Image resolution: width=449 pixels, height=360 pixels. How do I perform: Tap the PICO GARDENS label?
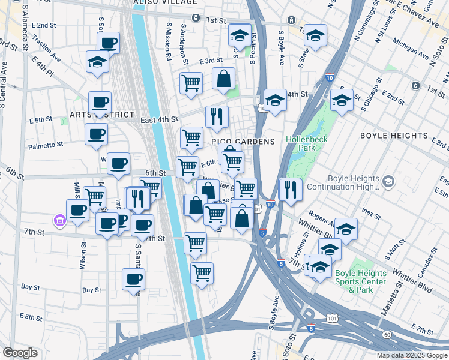pyautogui.click(x=243, y=142)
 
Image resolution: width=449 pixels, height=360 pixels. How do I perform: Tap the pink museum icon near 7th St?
pyautogui.click(x=59, y=221)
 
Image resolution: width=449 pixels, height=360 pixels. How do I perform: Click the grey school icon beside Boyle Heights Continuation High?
pyautogui.click(x=388, y=181)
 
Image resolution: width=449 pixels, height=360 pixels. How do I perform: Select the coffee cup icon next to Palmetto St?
pyautogui.click(x=96, y=135)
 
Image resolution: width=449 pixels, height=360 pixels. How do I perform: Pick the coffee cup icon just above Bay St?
pyautogui.click(x=134, y=279)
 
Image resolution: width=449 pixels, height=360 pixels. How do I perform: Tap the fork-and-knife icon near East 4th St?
pyautogui.click(x=217, y=116)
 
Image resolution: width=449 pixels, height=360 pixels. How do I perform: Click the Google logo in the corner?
pyautogui.click(x=20, y=352)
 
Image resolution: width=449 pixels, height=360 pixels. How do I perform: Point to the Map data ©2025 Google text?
pyautogui.click(x=411, y=355)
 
